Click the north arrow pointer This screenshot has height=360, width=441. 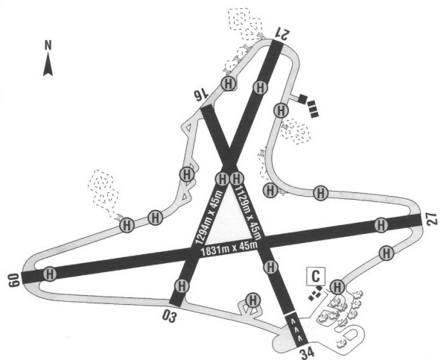48,66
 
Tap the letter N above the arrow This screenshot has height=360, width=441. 48,45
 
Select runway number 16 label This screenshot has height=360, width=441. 201,96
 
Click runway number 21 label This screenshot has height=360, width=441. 282,34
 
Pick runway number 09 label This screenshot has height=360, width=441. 14,280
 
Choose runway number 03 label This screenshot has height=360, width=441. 169,316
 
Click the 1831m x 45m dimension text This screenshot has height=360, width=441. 229,248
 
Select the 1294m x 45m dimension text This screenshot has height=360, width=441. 209,217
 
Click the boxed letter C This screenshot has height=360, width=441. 316,277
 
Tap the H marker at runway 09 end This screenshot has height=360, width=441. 49,274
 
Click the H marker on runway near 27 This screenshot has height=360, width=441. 381,225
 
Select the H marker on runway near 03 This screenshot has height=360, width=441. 182,286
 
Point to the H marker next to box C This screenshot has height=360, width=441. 337,287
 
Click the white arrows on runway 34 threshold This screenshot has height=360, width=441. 296,329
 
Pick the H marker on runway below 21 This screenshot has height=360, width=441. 261,87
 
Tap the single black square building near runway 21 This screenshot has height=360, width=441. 302,99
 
